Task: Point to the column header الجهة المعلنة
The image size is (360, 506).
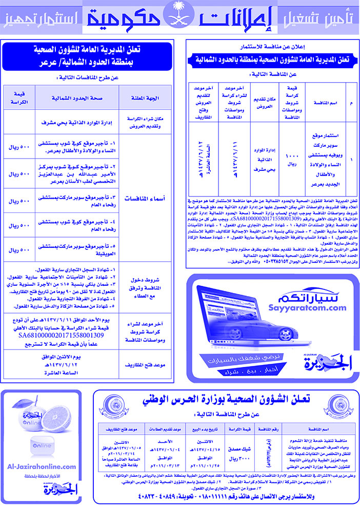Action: point(142,98)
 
